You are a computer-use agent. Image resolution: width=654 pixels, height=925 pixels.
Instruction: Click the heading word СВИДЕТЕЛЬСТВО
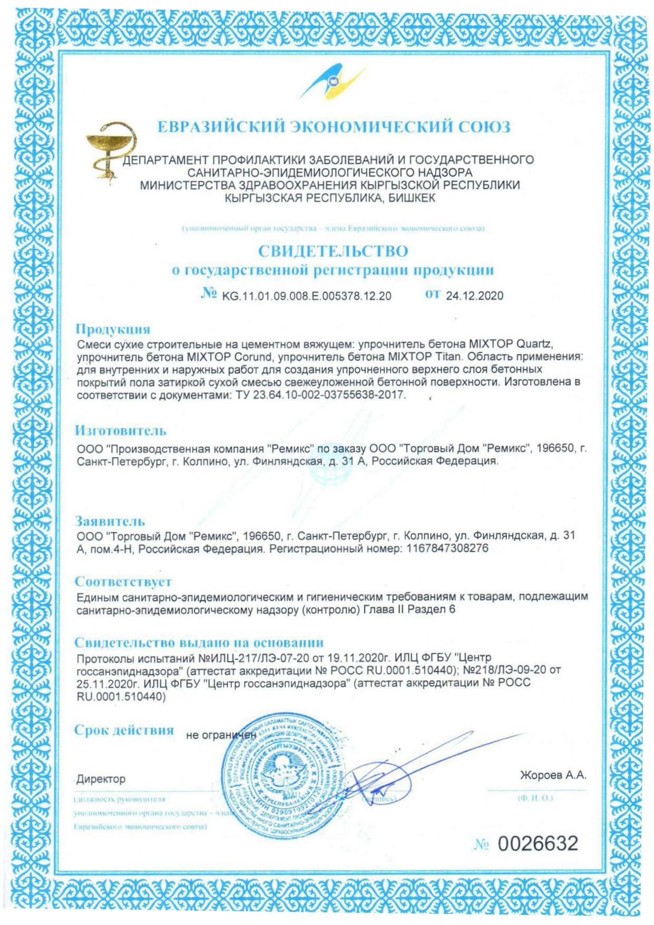[x=333, y=251]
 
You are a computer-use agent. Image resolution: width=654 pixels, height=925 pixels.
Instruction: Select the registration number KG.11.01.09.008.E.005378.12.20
[x=307, y=296]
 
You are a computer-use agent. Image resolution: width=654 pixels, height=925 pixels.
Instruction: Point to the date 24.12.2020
[x=474, y=296]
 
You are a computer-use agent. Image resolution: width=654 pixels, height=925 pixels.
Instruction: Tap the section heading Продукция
[x=113, y=329]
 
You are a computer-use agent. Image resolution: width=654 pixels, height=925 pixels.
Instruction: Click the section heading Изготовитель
[x=120, y=431]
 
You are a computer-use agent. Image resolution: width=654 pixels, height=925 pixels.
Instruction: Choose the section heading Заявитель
[x=110, y=522]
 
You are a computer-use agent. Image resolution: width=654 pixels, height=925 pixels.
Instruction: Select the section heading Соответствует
[x=123, y=582]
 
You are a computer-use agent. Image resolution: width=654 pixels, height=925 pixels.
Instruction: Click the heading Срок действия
[x=124, y=730]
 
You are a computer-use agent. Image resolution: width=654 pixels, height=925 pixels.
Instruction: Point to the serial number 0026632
[x=538, y=844]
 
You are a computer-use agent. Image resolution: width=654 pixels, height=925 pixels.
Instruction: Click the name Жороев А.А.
[x=553, y=775]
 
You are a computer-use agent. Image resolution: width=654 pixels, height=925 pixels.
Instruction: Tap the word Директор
[x=101, y=779]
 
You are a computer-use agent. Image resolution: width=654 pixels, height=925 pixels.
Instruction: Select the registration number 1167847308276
[x=447, y=548]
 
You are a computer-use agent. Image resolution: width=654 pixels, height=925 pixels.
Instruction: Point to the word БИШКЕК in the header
[x=412, y=198]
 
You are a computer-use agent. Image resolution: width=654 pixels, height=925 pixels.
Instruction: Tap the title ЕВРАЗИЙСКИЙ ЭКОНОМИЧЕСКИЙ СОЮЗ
[x=334, y=127]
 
